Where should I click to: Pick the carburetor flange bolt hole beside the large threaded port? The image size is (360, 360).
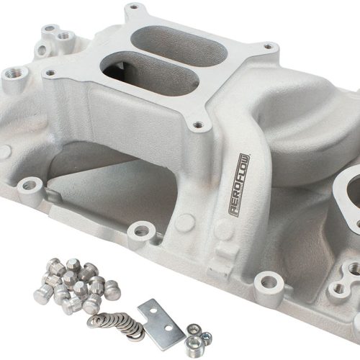[x=48, y=71]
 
